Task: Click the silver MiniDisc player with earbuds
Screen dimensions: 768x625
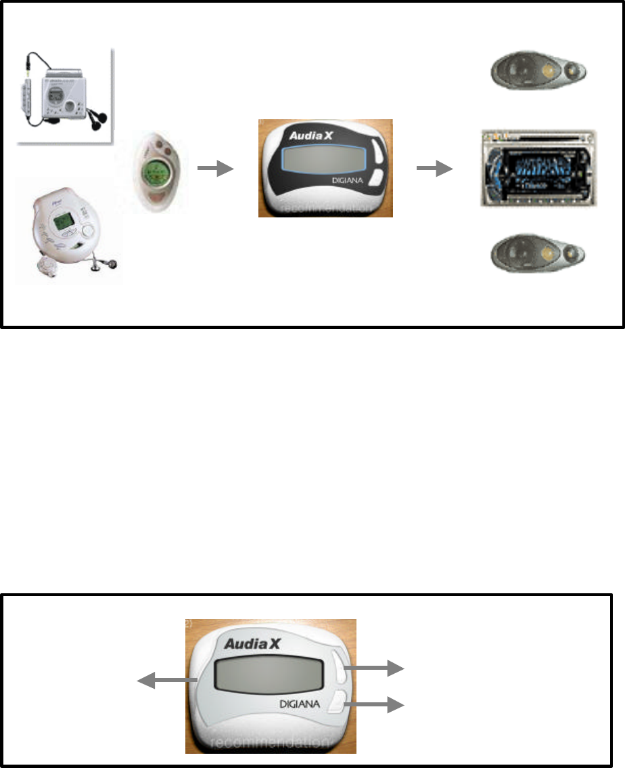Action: (64, 95)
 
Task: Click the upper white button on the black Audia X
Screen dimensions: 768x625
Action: (377, 151)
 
